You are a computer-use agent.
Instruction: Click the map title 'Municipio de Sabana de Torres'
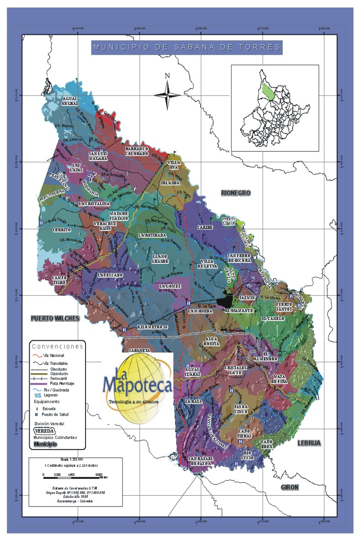point(186,47)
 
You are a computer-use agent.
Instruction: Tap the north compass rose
point(167,94)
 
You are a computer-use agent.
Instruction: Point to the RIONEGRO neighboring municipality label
point(236,193)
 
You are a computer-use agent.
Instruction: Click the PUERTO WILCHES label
point(55,318)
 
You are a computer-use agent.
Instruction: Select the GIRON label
point(290,487)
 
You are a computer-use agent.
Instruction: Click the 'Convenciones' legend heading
point(57,346)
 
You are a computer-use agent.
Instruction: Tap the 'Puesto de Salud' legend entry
point(52,414)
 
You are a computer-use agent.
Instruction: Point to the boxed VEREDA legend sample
point(45,431)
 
